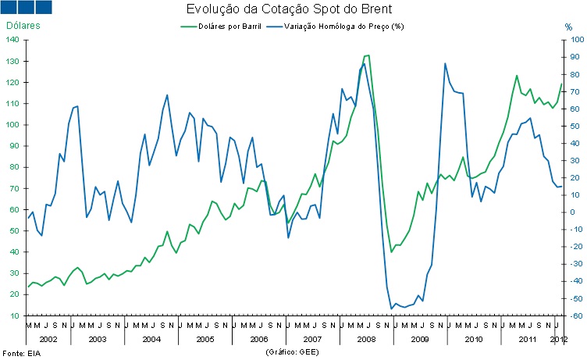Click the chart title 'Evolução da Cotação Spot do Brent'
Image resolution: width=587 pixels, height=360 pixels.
[288, 10]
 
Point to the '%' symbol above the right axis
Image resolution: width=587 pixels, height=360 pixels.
[568, 27]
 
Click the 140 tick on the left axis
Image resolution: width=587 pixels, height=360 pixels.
[16, 40]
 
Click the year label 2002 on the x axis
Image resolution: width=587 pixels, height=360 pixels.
[48, 339]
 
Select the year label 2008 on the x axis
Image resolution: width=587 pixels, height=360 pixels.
[366, 339]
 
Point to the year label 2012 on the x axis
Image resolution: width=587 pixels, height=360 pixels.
[558, 339]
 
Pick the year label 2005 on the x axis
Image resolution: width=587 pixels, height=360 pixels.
[205, 339]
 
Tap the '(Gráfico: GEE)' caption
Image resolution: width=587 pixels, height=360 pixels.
[293, 352]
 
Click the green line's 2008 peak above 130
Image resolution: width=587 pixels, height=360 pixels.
[367, 55]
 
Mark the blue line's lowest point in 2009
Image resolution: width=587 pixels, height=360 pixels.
[391, 308]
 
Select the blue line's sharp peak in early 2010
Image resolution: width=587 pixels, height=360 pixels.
[445, 63]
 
